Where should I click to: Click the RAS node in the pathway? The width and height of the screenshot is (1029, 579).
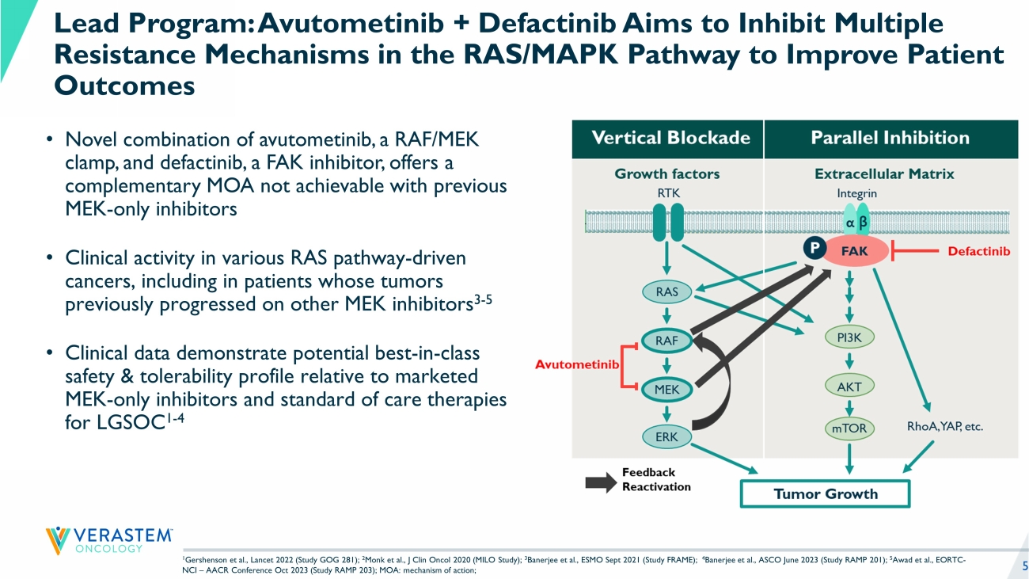pyautogui.click(x=667, y=291)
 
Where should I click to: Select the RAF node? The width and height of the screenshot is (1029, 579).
pyautogui.click(x=667, y=341)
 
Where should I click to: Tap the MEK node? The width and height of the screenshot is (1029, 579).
pyautogui.click(x=667, y=389)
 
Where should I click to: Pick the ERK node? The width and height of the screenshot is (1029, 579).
pyautogui.click(x=667, y=436)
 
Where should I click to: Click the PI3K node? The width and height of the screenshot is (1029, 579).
pyautogui.click(x=849, y=337)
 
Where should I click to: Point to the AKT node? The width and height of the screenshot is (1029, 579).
pyautogui.click(x=849, y=387)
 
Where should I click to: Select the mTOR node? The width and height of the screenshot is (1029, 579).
pyautogui.click(x=849, y=429)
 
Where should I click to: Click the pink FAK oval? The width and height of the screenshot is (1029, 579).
pyautogui.click(x=854, y=251)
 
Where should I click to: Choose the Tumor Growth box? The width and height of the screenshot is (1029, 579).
pyautogui.click(x=825, y=493)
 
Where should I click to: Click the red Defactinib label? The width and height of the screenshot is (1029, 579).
pyautogui.click(x=978, y=252)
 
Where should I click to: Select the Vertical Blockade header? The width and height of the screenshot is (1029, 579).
pyautogui.click(x=670, y=138)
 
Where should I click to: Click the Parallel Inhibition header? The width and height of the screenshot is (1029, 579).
pyautogui.click(x=890, y=138)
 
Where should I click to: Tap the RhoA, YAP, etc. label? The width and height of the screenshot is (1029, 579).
pyautogui.click(x=944, y=427)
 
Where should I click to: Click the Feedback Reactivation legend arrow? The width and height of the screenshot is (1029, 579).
pyautogui.click(x=600, y=480)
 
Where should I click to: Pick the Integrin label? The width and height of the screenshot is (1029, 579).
pyautogui.click(x=856, y=192)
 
